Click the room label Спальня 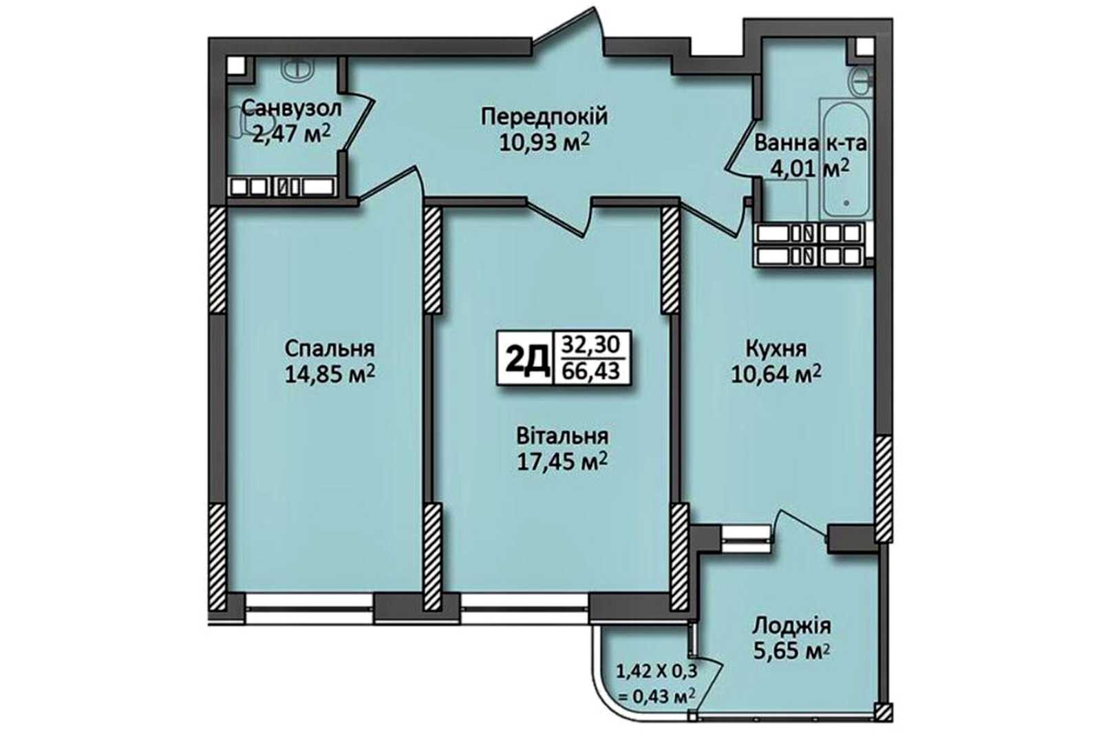[330, 349]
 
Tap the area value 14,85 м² [330, 375]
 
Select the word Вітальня [562, 436]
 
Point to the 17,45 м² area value [562, 461]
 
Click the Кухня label [776, 349]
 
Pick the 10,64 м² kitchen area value [777, 375]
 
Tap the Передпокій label [544, 118]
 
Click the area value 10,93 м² [544, 143]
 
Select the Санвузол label [292, 107]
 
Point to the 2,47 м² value [291, 133]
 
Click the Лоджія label [792, 627]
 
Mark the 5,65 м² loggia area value [792, 652]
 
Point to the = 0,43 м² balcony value [656, 695]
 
